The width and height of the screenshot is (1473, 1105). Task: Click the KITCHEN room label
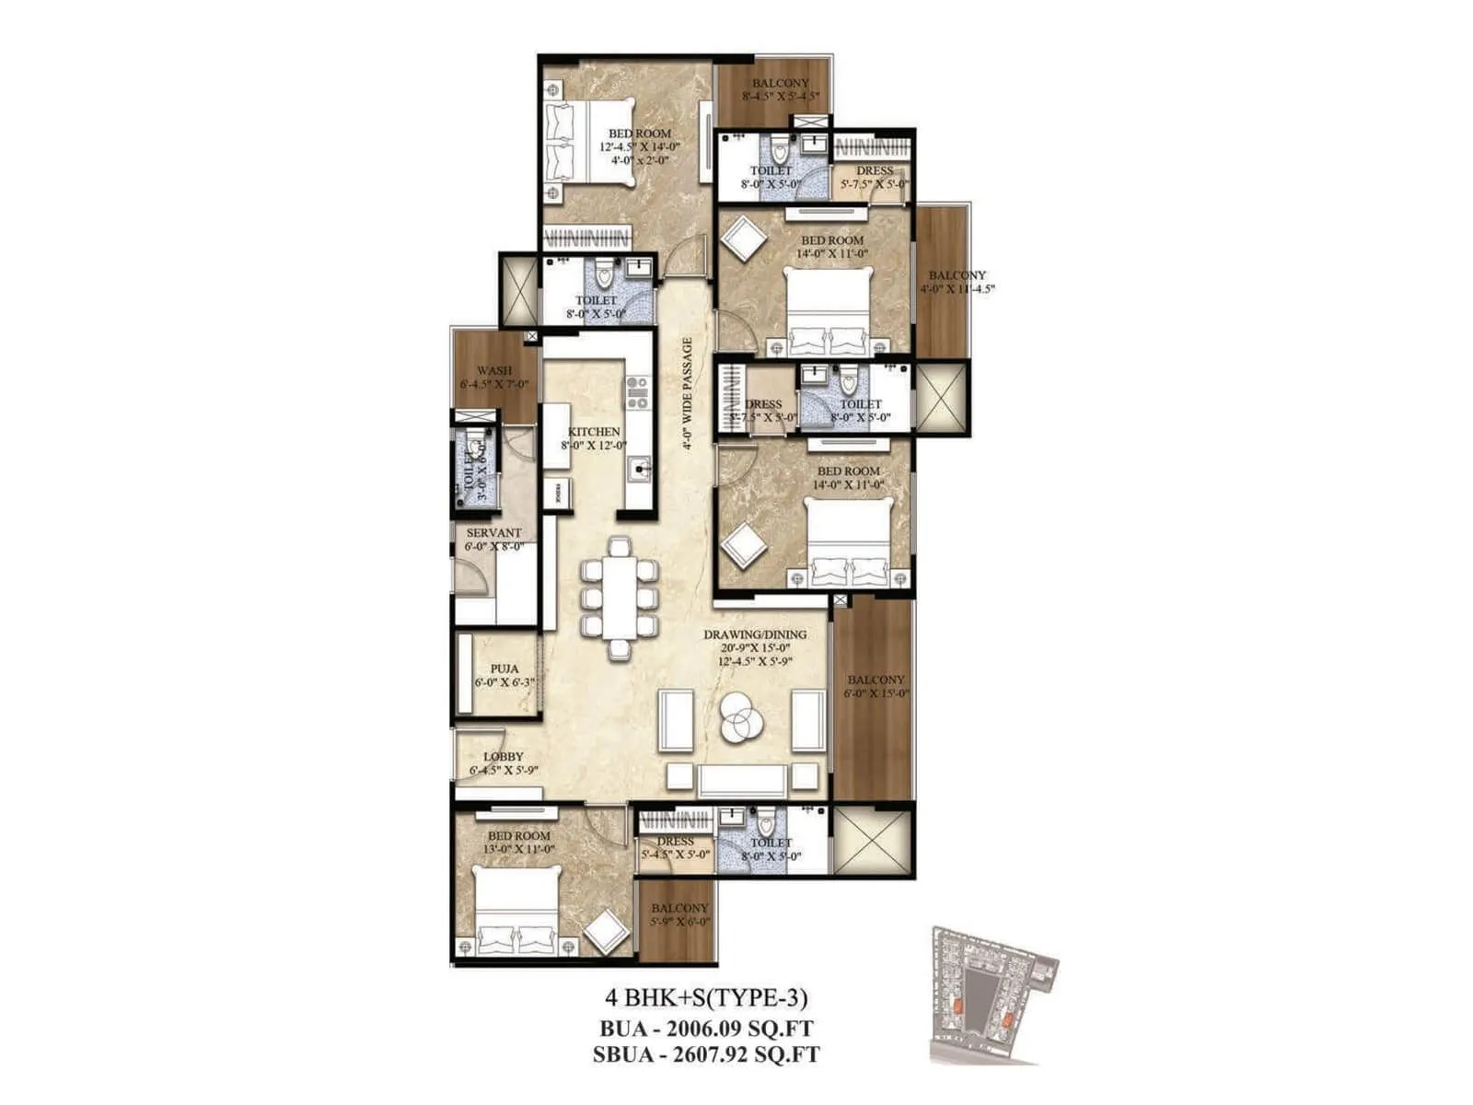594,432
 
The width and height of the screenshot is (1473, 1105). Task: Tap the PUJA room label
504,669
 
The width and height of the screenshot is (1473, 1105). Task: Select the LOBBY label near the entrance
503,757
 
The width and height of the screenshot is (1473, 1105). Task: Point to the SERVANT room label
493,533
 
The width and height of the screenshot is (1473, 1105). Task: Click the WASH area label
494,371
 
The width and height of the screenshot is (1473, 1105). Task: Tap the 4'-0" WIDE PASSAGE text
688,394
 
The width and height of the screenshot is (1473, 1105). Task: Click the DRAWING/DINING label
755,634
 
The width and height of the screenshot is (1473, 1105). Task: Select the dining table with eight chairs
620,598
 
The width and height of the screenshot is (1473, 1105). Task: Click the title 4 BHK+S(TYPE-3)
706,997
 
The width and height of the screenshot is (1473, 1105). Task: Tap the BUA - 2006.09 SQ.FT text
706,1028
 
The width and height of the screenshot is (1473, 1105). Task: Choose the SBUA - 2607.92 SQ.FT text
706,1055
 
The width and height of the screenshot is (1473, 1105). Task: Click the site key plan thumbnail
994,994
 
